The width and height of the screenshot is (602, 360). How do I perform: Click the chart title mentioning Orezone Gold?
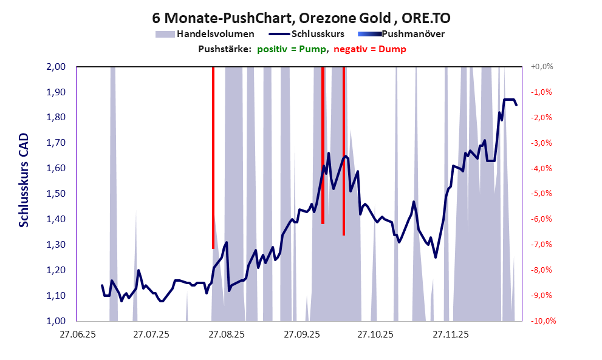pyautogui.click(x=301, y=16)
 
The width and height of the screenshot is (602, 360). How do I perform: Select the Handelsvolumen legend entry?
pyautogui.click(x=205, y=34)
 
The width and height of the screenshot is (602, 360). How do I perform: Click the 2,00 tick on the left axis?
pyautogui.click(x=56, y=67)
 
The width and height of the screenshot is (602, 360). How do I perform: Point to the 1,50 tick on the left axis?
pyautogui.click(x=56, y=194)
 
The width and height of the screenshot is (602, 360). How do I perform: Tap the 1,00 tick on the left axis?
pyautogui.click(x=56, y=321)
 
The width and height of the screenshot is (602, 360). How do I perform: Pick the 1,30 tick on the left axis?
pyautogui.click(x=56, y=245)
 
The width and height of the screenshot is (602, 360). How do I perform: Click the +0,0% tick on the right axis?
pyautogui.click(x=542, y=67)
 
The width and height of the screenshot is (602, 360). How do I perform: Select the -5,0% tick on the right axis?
pyautogui.click(x=542, y=194)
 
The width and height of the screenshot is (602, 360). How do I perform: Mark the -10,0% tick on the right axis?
pyautogui.click(x=543, y=321)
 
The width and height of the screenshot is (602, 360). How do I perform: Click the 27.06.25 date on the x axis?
pyautogui.click(x=77, y=335)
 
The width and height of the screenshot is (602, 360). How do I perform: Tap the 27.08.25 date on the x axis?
pyautogui.click(x=226, y=335)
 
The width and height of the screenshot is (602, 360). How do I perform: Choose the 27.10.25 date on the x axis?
pyautogui.click(x=375, y=335)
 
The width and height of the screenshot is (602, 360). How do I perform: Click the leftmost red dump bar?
pyautogui.click(x=213, y=158)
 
